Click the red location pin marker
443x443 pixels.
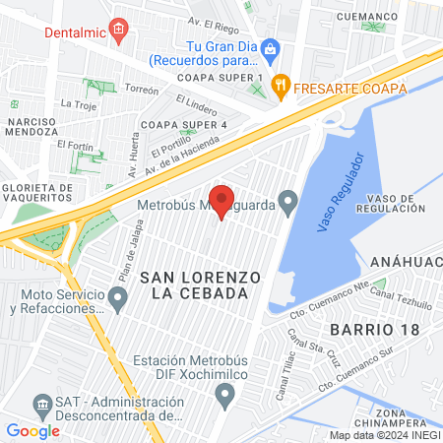pyautogui.click(x=221, y=201)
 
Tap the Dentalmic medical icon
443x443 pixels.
pyautogui.click(x=118, y=30)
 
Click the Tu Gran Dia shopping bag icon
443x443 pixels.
pyautogui.click(x=280, y=47)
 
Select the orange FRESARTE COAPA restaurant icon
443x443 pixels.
pyautogui.click(x=282, y=87)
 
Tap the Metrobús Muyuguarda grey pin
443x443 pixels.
pyautogui.click(x=287, y=204)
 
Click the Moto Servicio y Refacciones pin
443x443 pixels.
pyautogui.click(x=118, y=297)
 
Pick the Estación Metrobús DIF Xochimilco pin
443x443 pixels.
pyautogui.click(x=224, y=396)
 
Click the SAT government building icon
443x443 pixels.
pyautogui.click(x=42, y=405)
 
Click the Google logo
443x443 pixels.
pyautogui.click(x=32, y=430)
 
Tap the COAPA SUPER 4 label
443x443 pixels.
pyautogui.click(x=184, y=125)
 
